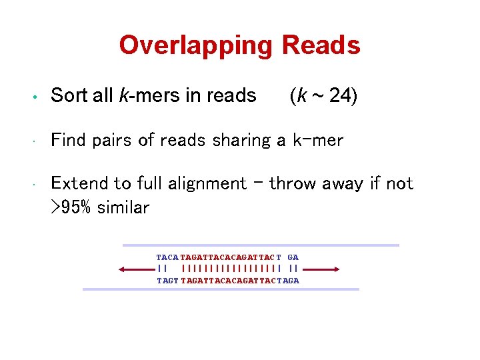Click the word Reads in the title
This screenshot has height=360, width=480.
tap(321, 45)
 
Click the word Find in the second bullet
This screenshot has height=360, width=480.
tap(69, 140)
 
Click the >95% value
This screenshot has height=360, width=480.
tap(72, 207)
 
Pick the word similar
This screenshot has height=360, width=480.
tap(123, 207)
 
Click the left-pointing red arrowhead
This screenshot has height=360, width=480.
tap(121, 269)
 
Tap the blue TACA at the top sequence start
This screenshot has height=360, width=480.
tap(167, 257)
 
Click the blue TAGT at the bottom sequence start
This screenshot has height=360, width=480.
tap(167, 281)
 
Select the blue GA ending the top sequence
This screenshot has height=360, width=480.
tap(293, 257)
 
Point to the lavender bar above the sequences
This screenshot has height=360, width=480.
tap(261, 245)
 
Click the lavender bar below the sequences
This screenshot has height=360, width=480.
tap(221, 289)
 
